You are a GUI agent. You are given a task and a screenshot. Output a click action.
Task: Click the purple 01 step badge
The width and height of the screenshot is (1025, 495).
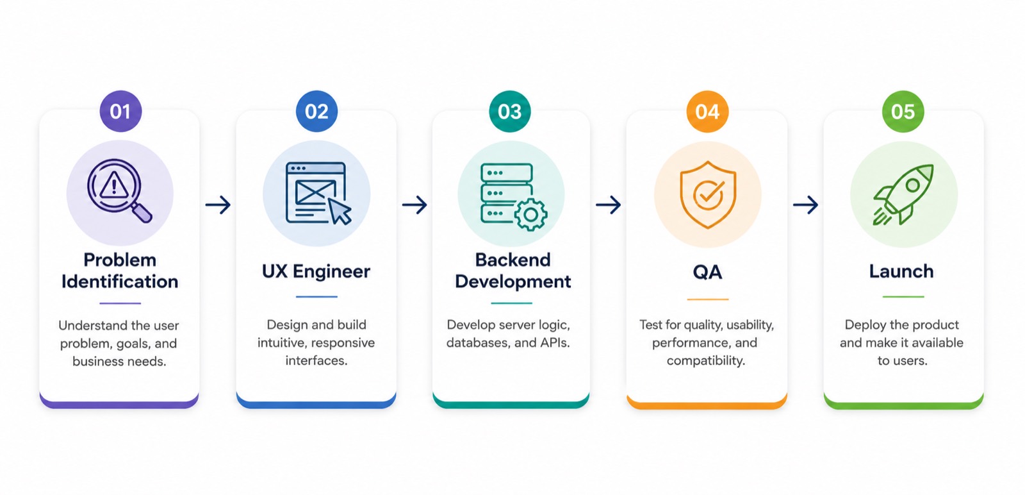click(121, 112)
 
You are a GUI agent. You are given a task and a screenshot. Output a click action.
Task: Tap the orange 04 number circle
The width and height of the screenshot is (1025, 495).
click(707, 112)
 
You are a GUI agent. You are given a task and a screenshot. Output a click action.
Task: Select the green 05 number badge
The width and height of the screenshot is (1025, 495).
click(903, 112)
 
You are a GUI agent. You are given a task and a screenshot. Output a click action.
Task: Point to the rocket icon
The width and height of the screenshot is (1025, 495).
click(903, 195)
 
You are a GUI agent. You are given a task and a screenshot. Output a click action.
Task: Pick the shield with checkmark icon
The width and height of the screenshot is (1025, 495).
click(708, 195)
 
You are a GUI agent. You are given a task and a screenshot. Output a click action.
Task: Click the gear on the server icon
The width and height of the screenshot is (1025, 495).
click(531, 214)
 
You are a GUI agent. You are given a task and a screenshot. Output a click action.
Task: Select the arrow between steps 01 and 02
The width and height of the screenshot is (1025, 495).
click(218, 205)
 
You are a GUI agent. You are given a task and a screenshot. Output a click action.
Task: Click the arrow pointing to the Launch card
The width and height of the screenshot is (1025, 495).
click(805, 205)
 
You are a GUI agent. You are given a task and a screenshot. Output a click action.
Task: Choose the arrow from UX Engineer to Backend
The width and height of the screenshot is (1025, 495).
click(414, 205)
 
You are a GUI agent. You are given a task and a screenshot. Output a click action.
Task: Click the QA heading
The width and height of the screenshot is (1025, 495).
click(707, 272)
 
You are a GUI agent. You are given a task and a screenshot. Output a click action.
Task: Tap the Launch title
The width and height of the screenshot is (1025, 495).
click(901, 271)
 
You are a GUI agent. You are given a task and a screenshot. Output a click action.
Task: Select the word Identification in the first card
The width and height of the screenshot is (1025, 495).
click(120, 281)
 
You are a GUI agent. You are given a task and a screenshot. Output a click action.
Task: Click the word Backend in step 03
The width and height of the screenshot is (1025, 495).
click(512, 260)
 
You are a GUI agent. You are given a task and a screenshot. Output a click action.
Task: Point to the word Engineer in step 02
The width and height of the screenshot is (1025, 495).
click(331, 271)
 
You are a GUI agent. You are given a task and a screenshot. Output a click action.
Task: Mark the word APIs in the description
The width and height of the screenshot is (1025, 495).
click(555, 342)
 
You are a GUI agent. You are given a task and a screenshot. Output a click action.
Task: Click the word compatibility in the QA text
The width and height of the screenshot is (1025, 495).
click(705, 361)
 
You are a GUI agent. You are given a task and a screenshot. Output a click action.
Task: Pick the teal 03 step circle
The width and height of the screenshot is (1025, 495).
click(510, 112)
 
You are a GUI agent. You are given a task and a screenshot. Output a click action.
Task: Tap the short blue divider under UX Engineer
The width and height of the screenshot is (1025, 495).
click(316, 297)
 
